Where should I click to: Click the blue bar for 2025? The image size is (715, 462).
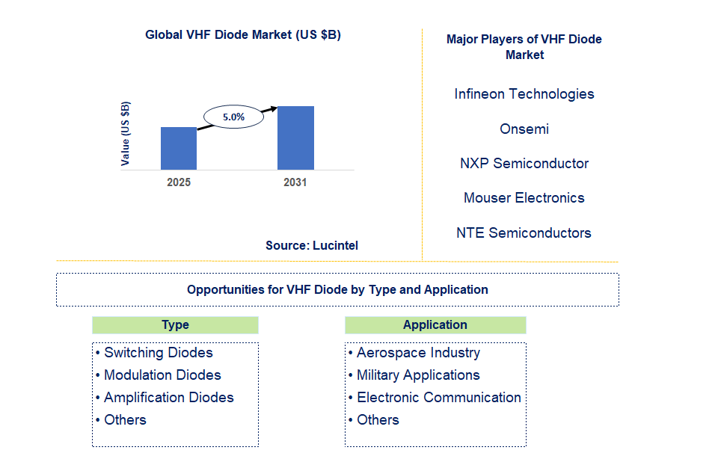click(x=179, y=148)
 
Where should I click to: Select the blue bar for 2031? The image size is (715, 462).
click(x=295, y=138)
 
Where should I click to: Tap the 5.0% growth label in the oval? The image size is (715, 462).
click(x=233, y=117)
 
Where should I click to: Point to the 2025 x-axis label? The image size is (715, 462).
click(x=179, y=182)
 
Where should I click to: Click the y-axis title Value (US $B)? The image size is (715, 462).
click(x=126, y=133)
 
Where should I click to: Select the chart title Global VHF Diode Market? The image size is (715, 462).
click(x=243, y=34)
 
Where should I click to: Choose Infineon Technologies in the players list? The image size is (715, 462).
click(x=524, y=94)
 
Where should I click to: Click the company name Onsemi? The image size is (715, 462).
click(x=524, y=129)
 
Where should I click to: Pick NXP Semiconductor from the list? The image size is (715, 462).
click(x=524, y=164)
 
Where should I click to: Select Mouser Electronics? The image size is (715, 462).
click(x=524, y=198)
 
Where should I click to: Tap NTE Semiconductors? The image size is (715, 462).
click(x=524, y=233)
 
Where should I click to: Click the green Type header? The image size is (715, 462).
click(x=175, y=325)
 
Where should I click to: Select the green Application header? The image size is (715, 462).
click(x=435, y=325)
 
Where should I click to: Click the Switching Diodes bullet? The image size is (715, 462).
click(x=158, y=353)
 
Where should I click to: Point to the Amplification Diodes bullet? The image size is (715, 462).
click(x=168, y=398)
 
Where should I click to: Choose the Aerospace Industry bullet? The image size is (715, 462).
click(x=417, y=353)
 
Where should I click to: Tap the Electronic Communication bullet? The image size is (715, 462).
click(x=438, y=398)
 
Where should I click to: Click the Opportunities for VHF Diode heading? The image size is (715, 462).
click(x=337, y=290)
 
